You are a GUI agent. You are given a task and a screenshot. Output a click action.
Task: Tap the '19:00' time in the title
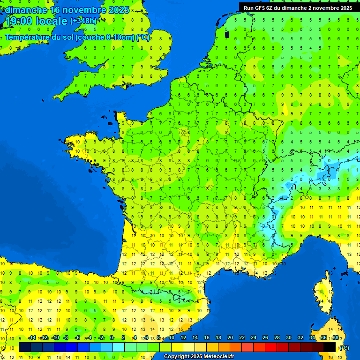coord(18,21)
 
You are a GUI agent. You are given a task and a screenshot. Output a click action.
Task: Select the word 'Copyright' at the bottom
coord(177,357)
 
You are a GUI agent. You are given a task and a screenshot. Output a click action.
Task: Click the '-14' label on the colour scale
coord(32,338)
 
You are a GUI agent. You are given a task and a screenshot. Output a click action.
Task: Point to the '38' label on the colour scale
coord(335,338)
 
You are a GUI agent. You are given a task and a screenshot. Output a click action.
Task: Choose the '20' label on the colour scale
coord(230,338)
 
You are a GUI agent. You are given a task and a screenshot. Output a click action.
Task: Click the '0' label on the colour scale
coord(112,338)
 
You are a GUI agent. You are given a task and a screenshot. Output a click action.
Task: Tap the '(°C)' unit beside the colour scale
coord(344,348)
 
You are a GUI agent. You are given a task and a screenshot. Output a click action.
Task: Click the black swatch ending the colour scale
coord(330,347)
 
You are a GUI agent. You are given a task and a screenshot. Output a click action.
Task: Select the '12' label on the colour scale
coord(183,338)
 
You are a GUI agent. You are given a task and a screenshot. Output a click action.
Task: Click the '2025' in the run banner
coord(345,8)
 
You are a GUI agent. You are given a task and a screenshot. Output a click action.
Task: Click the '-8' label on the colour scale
coord(66,338)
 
